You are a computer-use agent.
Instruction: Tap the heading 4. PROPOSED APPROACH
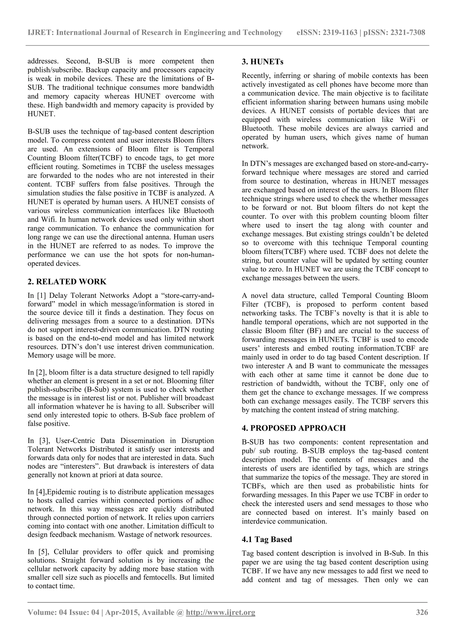coord(294,428)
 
